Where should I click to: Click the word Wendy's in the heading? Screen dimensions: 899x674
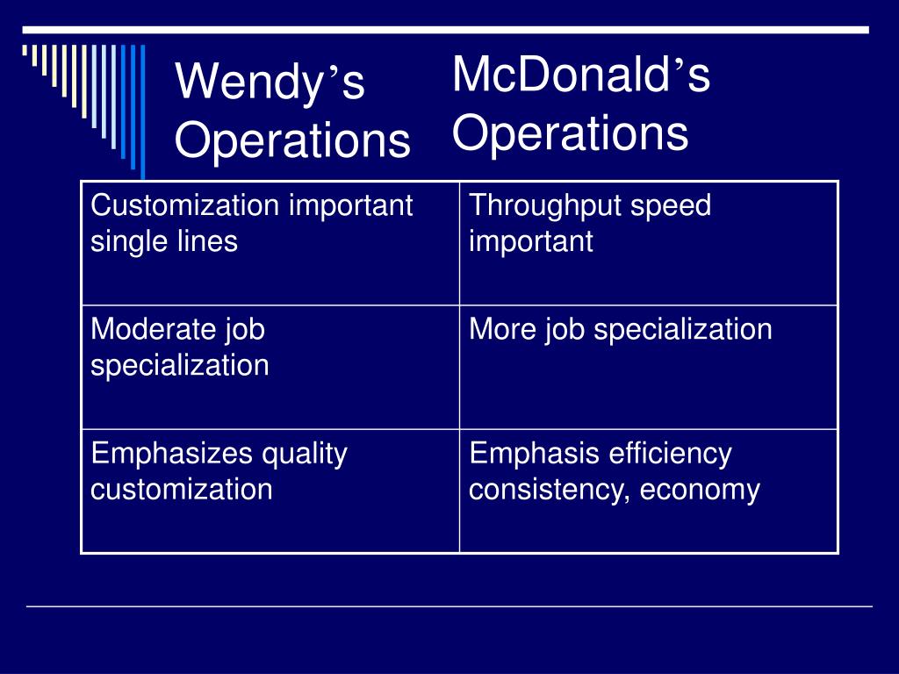(270, 82)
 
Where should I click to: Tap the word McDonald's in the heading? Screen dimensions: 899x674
(581, 74)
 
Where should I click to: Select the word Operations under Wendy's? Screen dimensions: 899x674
(292, 141)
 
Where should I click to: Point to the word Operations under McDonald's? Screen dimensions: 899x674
(570, 133)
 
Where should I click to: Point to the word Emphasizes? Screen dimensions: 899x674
(172, 455)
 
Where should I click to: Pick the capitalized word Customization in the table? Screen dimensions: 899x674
(185, 205)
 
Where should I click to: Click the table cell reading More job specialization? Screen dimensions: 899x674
(649, 368)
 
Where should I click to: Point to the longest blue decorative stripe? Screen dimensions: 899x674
(143, 111)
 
